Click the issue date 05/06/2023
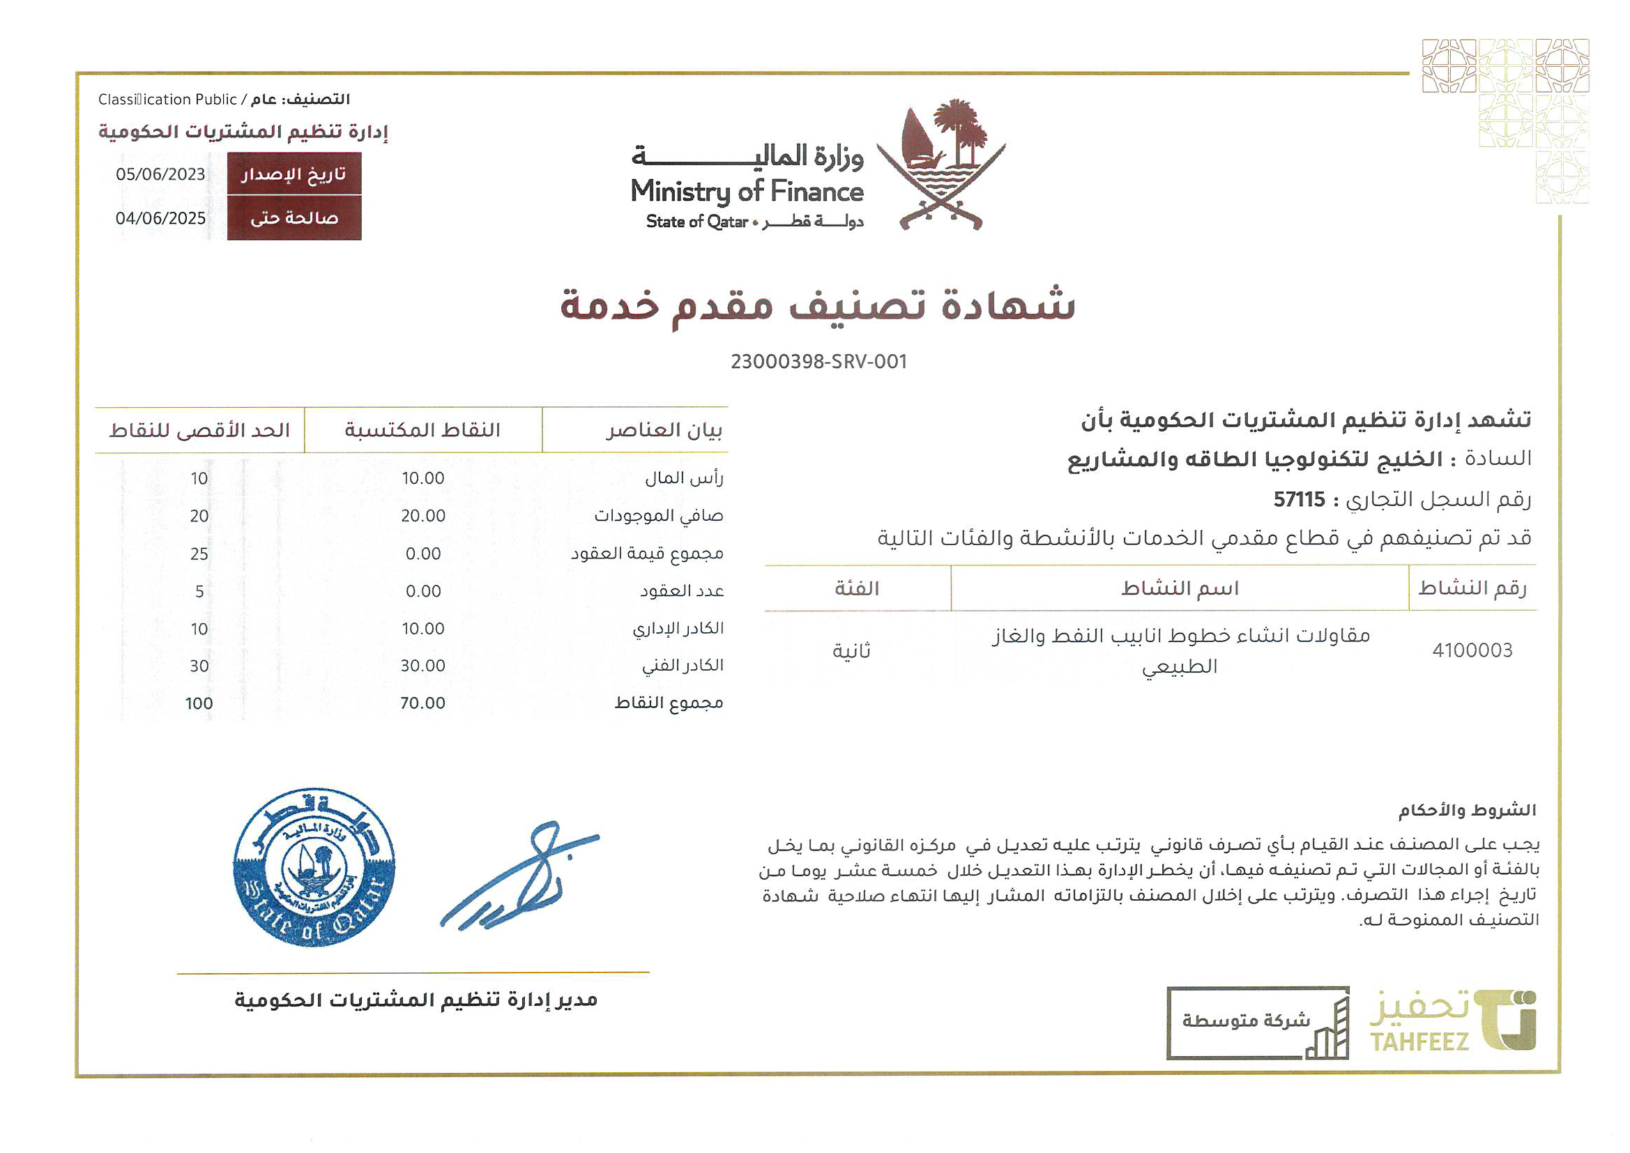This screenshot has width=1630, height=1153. [x=160, y=175]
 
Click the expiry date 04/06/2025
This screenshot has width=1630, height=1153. [x=160, y=219]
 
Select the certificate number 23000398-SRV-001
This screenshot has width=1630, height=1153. [x=818, y=362]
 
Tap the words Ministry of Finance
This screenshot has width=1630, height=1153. [x=747, y=192]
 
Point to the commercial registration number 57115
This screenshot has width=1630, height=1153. [x=1298, y=500]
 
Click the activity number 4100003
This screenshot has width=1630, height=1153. [x=1472, y=650]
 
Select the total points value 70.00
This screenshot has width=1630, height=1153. [x=422, y=703]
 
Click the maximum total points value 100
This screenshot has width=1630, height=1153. [x=199, y=703]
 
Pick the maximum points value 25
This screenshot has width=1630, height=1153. [x=199, y=553]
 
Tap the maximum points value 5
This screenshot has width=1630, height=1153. [x=199, y=591]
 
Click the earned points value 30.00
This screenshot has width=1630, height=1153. [x=422, y=666]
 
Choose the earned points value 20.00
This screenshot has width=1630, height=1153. [x=422, y=516]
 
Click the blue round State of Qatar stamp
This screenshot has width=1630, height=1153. [x=314, y=867]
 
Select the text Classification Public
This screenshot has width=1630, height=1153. [x=167, y=100]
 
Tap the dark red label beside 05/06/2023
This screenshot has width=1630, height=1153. [x=294, y=175]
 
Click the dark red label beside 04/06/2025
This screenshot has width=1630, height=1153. [x=294, y=219]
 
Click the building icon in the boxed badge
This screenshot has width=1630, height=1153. [x=1327, y=1031]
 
